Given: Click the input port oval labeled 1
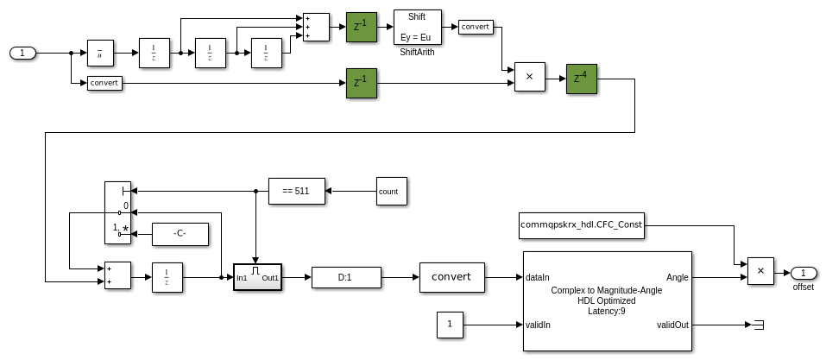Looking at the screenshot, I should pos(22,54).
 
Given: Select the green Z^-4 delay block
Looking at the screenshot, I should pos(582,78).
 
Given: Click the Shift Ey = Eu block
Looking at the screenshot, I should pos(418,26).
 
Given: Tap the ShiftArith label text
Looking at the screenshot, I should pos(418,53).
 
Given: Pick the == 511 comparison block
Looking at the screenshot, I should pos(296,191).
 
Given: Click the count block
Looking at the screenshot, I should pos(391,191).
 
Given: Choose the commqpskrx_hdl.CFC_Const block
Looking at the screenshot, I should pos(581,225).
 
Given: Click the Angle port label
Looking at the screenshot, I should pos(678,278).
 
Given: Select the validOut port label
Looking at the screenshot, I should pos(672,325).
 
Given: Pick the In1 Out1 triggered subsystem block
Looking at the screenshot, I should pos(257,277).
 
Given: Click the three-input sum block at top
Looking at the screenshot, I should pos(316,26).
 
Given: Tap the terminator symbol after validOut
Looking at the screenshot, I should pos(759,325).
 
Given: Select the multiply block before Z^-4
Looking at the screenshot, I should pos(529,78).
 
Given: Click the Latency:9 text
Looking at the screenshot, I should pos(607,311).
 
